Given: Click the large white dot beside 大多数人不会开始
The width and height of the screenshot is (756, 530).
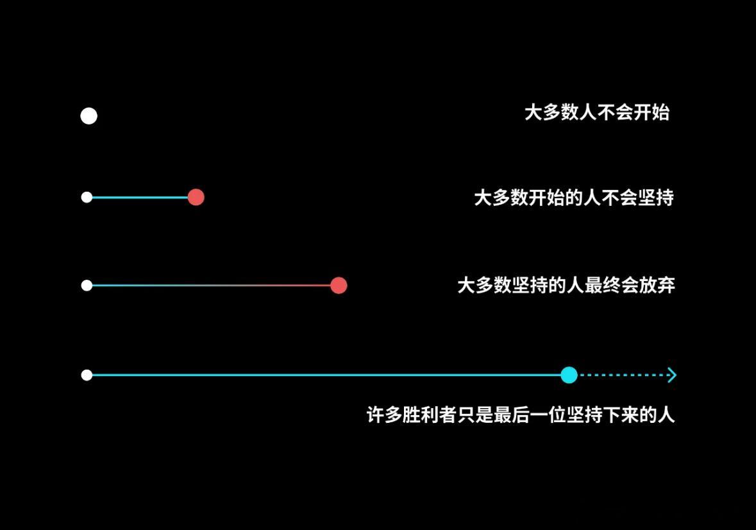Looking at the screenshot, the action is pos(88,115).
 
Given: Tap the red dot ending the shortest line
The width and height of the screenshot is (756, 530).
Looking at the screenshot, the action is pos(196,197).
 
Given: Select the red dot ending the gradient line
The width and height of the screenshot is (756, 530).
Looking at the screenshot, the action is pos(339,286).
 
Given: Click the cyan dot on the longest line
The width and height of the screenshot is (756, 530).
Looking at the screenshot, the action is pos(569,375).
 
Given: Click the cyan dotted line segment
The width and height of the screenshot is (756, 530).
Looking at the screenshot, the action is pos(623,375).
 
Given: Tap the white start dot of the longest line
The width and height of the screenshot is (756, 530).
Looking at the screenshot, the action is pos(87,375).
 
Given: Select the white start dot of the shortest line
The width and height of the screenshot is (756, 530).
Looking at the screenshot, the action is pos(87,197).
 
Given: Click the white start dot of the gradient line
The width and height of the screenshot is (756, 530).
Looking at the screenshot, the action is pos(87,286).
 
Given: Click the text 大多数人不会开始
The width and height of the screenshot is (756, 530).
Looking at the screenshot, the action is pos(597,112).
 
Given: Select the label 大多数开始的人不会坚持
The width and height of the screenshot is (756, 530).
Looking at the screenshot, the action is pos(574,197).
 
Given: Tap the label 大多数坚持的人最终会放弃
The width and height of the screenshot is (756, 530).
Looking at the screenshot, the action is pos(566,285).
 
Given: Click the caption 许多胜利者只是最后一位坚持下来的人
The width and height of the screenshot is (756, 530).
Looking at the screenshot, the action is pos(521,415).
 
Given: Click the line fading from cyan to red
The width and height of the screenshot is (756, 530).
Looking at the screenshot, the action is pos(211,286).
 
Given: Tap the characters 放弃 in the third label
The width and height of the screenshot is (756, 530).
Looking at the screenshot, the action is pos(657,285).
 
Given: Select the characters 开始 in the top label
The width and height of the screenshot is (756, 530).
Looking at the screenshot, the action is pos(652,112).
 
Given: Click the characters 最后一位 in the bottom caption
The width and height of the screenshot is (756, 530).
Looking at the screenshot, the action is pos(530,415).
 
